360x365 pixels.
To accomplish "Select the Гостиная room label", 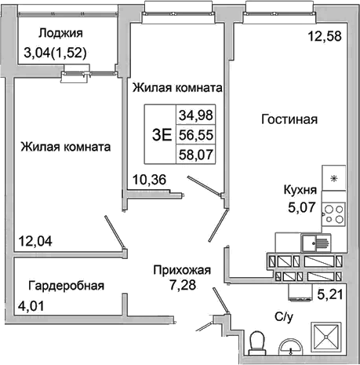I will (x=289, y=120).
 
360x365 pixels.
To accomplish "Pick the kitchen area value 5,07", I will (x=299, y=210).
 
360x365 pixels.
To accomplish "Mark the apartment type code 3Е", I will (x=162, y=133).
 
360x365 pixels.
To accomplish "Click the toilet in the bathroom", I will (x=256, y=342).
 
